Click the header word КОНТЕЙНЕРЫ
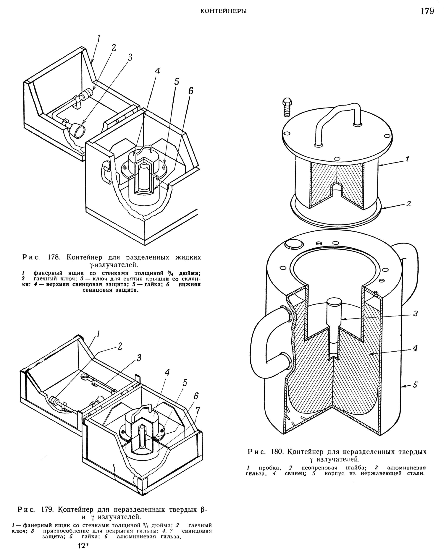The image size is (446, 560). point(224,11)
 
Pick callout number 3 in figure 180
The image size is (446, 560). point(415,314)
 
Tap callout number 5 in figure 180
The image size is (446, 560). point(415,384)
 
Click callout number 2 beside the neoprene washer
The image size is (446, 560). point(409,204)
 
